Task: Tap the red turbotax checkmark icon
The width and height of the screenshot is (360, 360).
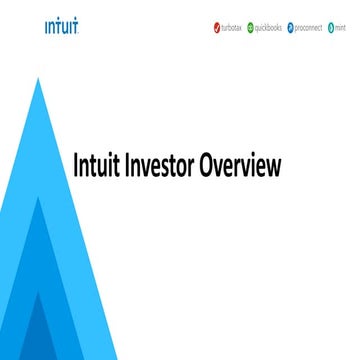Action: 216,27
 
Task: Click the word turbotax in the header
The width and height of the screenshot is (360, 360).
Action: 233,27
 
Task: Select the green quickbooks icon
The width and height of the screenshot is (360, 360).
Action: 251,27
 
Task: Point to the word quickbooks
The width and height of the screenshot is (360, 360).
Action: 270,27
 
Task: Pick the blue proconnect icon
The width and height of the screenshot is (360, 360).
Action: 290,27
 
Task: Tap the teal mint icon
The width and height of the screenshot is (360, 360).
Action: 330,27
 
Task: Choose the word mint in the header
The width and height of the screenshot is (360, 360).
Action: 343,27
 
